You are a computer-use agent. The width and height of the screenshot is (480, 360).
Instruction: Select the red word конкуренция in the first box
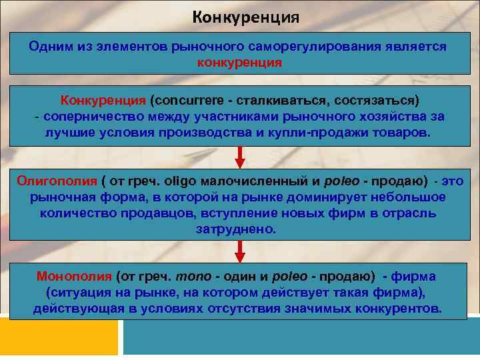pyautogui.click(x=240, y=63)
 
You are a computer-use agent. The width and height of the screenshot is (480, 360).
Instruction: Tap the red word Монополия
pyautogui.click(x=74, y=277)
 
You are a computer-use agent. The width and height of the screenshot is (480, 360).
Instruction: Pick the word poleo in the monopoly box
pyautogui.click(x=289, y=277)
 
